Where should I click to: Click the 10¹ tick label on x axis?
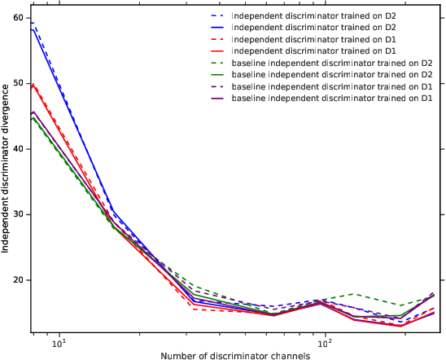tap(59, 342)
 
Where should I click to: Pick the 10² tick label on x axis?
tap(326, 342)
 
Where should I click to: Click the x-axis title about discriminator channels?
tap(236, 355)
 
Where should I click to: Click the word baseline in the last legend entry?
tap(249, 99)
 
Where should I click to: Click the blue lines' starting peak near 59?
tap(33, 24)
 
